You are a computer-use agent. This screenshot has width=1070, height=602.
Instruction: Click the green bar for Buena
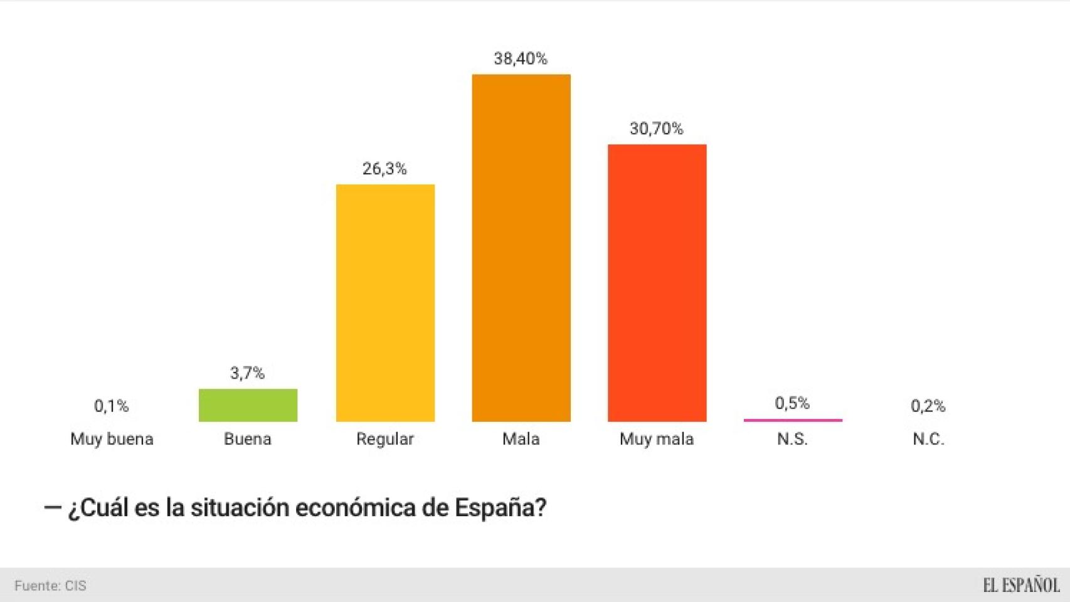pos(248,405)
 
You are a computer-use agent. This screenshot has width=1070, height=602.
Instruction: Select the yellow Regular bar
pos(385,303)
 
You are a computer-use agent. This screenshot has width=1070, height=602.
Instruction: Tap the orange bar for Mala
pos(521,248)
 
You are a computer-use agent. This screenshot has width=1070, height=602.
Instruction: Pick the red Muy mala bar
pos(657,283)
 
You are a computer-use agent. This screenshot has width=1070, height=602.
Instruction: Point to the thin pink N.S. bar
pos(793,420)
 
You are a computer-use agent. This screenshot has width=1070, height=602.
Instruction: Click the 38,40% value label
pos(521,59)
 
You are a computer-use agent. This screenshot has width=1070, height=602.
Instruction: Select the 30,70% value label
pos(656,129)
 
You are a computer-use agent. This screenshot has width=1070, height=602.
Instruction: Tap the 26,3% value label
pos(384,169)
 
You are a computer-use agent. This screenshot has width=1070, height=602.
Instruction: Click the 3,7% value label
pos(247,373)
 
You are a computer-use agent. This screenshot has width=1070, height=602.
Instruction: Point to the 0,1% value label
pos(111,406)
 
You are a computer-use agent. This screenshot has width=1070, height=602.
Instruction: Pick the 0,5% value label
pos(792,403)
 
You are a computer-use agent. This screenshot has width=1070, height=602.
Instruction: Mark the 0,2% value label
pos(928,406)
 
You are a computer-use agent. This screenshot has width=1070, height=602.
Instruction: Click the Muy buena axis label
pos(112,439)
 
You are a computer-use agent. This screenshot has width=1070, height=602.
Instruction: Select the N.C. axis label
pos(928,439)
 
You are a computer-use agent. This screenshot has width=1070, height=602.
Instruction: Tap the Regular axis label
pos(384,439)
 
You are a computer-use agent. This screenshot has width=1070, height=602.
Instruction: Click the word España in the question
pos(500,507)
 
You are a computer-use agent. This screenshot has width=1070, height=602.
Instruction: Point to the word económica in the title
pos(355,507)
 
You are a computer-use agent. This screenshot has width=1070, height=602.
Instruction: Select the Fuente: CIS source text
pos(50,586)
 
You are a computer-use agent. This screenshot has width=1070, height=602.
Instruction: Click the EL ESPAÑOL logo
pos(1020,585)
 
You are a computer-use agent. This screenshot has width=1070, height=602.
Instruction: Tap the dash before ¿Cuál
pos(52,507)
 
